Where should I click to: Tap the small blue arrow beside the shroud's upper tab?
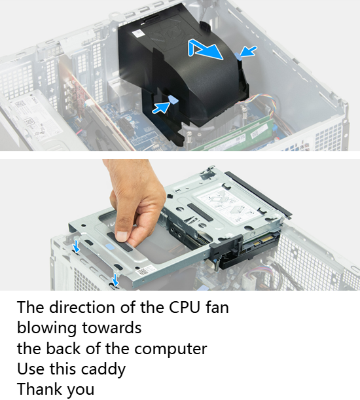249,51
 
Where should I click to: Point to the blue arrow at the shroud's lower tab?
161,107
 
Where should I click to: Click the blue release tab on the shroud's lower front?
173,100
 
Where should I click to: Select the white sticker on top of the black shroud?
138,33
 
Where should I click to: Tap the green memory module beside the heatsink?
238,136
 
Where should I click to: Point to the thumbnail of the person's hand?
122,235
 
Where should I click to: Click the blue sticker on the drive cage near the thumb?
110,246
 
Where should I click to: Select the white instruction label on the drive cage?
229,206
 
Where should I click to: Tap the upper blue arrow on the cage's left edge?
76,246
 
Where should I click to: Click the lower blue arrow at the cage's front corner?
115,280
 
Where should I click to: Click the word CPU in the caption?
185,307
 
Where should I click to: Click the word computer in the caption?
170,349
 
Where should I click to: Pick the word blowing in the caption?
47,328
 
